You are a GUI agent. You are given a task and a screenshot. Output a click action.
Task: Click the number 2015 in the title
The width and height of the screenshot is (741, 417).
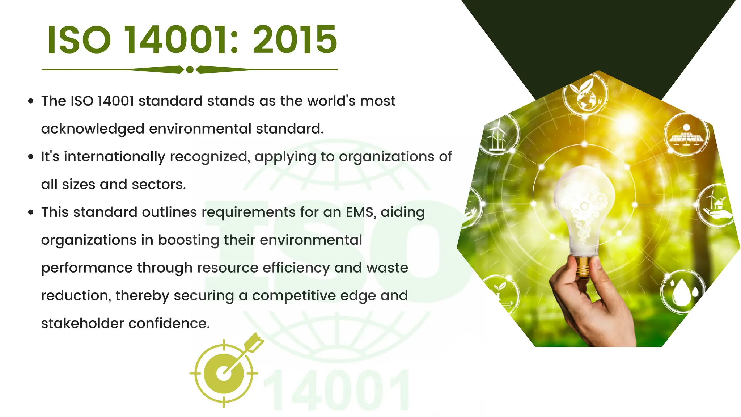(x=295, y=40)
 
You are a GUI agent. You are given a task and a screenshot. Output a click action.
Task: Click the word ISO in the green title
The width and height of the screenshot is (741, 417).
(x=79, y=40)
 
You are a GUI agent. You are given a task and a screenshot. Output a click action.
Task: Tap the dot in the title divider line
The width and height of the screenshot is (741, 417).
(x=190, y=69)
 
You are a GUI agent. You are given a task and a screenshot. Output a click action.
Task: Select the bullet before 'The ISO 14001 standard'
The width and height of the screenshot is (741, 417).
(x=31, y=101)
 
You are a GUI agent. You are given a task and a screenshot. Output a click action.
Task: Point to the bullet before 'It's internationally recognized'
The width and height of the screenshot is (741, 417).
(x=31, y=157)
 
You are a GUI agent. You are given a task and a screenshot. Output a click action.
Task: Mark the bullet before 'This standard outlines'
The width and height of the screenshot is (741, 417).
(x=31, y=212)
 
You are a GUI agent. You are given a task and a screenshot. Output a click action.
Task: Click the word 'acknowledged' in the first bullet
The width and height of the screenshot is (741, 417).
(x=93, y=129)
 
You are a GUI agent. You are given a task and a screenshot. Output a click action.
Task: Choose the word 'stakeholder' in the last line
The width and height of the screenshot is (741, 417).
(x=82, y=323)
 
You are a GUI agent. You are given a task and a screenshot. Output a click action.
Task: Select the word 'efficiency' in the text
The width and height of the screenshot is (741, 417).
(x=296, y=268)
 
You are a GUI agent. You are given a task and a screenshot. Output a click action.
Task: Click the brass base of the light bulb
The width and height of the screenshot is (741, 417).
(x=583, y=267)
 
